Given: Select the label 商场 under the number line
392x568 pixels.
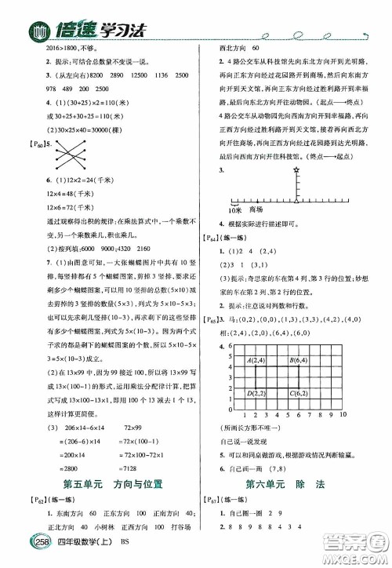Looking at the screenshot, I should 255,211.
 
